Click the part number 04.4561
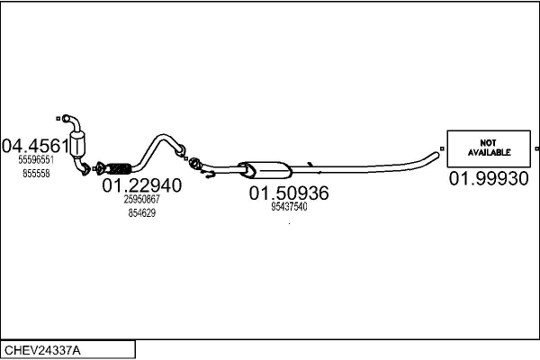click(36, 146)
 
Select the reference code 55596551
click(36, 159)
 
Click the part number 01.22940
click(141, 185)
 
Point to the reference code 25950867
click(141, 199)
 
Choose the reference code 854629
click(141, 212)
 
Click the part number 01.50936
click(289, 193)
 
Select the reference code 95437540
click(289, 206)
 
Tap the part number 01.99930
click(489, 179)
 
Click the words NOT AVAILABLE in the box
click(489, 148)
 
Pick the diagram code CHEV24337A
click(42, 349)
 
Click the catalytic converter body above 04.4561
click(85, 142)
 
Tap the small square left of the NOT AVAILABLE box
click(442, 148)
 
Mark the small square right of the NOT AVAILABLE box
click(536, 148)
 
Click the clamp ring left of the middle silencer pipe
click(193, 163)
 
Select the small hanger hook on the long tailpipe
click(310, 164)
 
